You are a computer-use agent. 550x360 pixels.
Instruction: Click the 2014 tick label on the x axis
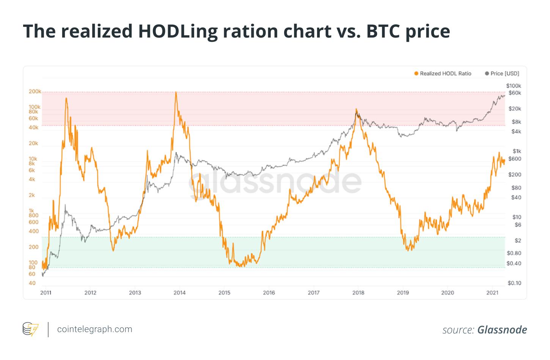coord(179,292)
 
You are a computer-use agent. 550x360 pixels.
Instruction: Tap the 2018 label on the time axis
coord(358,292)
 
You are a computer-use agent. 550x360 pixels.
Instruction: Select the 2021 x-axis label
coord(492,292)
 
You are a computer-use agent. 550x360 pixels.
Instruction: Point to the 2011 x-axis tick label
coord(46,292)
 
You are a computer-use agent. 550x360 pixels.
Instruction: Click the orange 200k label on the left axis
coord(35,92)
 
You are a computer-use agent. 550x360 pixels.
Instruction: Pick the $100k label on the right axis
coord(514,86)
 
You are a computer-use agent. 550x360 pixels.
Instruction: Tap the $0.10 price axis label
coord(514,283)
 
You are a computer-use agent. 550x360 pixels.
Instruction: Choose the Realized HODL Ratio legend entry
coord(443,74)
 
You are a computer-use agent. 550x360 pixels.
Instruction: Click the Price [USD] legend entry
coord(502,74)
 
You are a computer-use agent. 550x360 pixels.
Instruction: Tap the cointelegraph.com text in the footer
coord(94,329)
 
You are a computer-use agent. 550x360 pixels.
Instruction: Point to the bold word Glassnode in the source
coord(502,330)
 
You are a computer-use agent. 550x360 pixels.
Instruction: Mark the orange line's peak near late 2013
coord(176,92)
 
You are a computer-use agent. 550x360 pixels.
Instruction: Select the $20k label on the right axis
coord(515,109)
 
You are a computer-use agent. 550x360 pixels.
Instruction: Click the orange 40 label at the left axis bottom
coord(32,283)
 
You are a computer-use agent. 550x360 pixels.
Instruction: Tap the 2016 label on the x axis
coord(269,292)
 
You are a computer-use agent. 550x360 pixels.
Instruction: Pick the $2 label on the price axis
coord(517,241)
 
